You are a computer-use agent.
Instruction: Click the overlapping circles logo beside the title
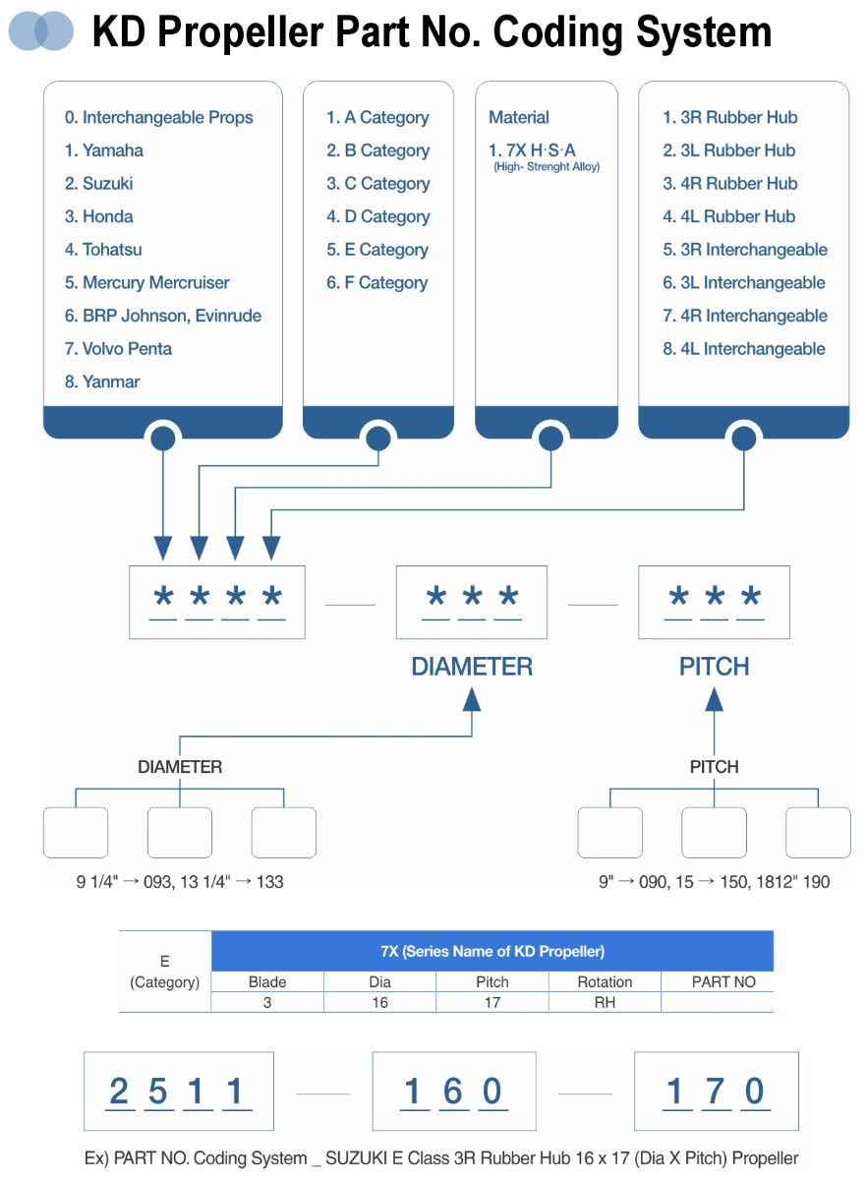click(40, 31)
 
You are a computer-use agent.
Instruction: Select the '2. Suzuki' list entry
click(98, 183)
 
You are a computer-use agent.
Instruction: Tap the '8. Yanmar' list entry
click(102, 382)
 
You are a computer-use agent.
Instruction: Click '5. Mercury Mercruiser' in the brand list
click(147, 282)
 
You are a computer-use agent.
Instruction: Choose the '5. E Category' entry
click(377, 250)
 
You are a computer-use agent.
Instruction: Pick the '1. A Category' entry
click(377, 117)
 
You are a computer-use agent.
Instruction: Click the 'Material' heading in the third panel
click(519, 117)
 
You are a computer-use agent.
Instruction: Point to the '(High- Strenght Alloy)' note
click(547, 167)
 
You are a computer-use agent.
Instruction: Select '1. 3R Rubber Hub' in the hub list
click(730, 117)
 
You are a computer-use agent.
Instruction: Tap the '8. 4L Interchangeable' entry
click(744, 349)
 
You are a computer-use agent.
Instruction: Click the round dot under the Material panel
click(550, 438)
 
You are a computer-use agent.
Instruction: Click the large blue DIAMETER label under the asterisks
click(472, 667)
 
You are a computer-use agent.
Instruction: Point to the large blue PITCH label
click(715, 667)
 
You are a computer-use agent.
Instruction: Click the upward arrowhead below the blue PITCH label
click(715, 699)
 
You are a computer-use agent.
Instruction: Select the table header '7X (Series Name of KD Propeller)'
click(492, 952)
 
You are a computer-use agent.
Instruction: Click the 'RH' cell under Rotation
click(605, 1002)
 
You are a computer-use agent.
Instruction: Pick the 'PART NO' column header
click(723, 982)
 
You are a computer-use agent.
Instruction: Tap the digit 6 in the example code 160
click(453, 1091)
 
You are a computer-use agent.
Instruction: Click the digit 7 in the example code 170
click(715, 1091)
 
